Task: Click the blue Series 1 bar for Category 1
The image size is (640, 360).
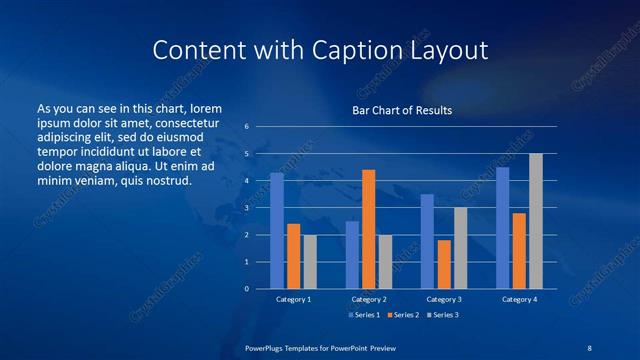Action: pos(277,231)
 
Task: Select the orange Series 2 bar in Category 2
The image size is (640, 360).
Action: pos(369,229)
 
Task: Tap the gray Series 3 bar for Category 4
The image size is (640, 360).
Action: pos(536,221)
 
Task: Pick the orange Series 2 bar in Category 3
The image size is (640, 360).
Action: pos(444,264)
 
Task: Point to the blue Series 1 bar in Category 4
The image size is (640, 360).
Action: pos(502,228)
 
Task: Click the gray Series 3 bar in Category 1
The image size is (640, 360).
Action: pos(310,261)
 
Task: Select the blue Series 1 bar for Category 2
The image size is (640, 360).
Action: pos(352,255)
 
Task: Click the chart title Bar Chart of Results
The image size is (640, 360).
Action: pos(402,110)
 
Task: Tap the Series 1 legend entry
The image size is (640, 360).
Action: pos(365,315)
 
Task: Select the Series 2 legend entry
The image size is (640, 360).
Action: pos(402,315)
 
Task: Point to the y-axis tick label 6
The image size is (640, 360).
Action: pos(246,126)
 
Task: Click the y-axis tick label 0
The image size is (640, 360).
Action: pos(246,289)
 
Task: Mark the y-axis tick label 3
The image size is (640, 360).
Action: pos(246,208)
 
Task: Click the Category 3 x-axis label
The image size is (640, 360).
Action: pos(444,299)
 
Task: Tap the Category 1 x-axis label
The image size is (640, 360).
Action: pos(293,299)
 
